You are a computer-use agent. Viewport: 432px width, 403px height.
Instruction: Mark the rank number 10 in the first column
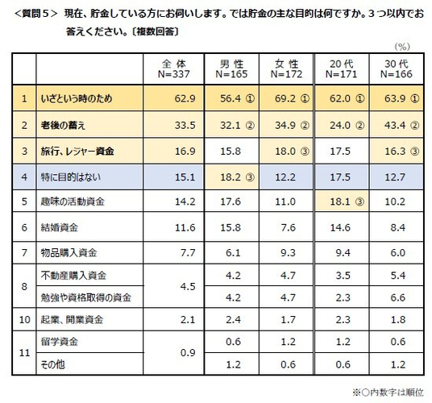[25, 320]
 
